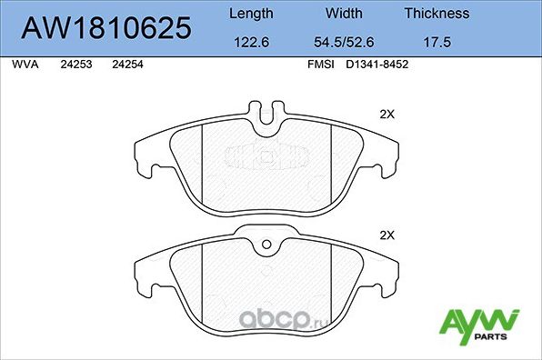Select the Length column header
pyautogui.click(x=250, y=14)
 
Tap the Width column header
pyautogui.click(x=344, y=14)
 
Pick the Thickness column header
pyautogui.click(x=437, y=14)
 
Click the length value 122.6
pyautogui.click(x=250, y=41)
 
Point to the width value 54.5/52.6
pyautogui.click(x=344, y=41)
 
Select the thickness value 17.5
pyautogui.click(x=437, y=41)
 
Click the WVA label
pyautogui.click(x=25, y=65)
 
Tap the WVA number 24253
pyautogui.click(x=75, y=65)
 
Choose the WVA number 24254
pyautogui.click(x=126, y=65)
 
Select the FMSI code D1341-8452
pyautogui.click(x=376, y=65)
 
